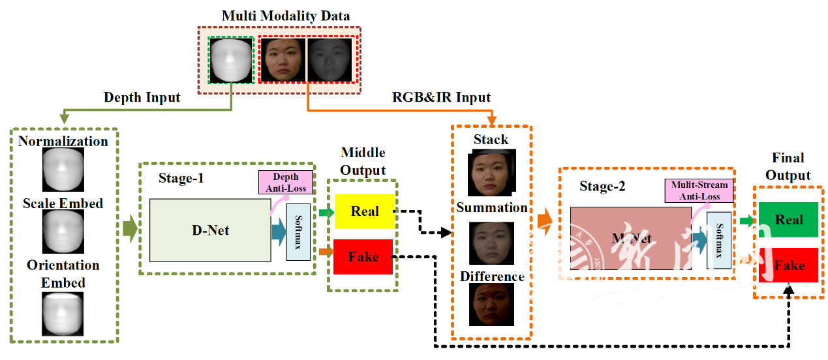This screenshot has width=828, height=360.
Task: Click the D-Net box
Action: pos(210,230)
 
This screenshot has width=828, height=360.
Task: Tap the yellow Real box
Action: pos(364,211)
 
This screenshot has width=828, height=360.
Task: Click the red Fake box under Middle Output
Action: pos(363,257)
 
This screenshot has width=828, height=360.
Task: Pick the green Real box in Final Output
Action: pos(788,220)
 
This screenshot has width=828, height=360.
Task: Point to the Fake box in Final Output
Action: pos(788,265)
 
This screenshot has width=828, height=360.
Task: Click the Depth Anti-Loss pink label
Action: pos(285,182)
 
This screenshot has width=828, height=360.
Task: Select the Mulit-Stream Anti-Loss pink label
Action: pos(699,190)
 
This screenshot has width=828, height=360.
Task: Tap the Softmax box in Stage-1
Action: pos(298,232)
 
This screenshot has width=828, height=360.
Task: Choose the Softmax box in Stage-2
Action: pos(719,240)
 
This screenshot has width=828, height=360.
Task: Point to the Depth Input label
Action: pos(142,98)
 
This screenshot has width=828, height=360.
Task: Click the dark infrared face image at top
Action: pos(329,60)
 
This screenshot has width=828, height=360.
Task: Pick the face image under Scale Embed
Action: pos(63,232)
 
